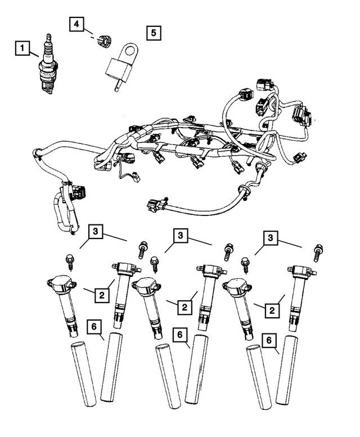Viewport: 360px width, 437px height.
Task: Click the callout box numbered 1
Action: (22, 50)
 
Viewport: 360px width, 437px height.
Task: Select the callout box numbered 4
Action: (77, 24)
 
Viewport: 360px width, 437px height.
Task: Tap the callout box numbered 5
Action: (152, 32)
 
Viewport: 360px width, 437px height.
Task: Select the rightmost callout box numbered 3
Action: (272, 238)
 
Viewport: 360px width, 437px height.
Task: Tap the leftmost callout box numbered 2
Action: (101, 294)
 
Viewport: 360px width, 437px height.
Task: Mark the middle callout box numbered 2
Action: (183, 307)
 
